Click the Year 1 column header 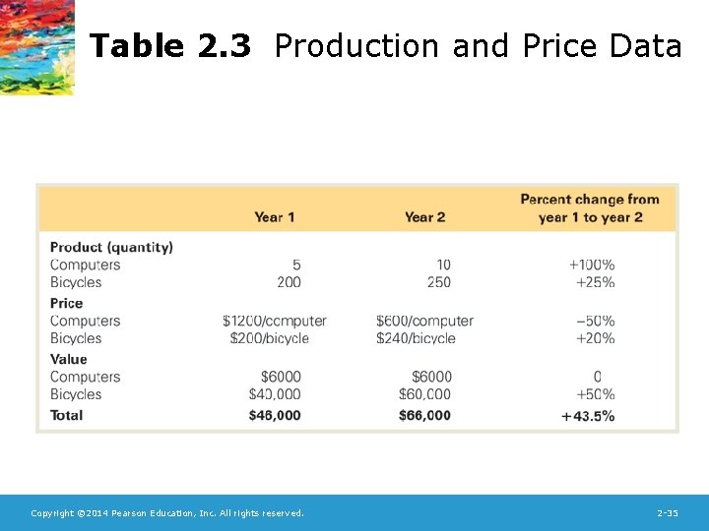point(274,217)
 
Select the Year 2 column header point(424,217)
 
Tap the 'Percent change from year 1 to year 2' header point(590,208)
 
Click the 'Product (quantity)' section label point(111,247)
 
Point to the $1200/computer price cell point(274,321)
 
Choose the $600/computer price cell point(424,321)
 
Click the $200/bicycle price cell point(269,338)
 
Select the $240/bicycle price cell point(416,338)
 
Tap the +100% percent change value point(592,265)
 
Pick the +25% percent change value point(595,282)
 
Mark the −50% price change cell point(595,321)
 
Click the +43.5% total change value point(588,416)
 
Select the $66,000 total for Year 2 point(424,416)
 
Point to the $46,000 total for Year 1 point(275,416)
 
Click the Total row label point(67,415)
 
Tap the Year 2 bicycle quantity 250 point(439,282)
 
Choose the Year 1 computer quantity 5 point(296,265)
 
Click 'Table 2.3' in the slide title point(170,46)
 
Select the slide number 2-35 point(667,513)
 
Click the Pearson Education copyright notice point(167,513)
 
